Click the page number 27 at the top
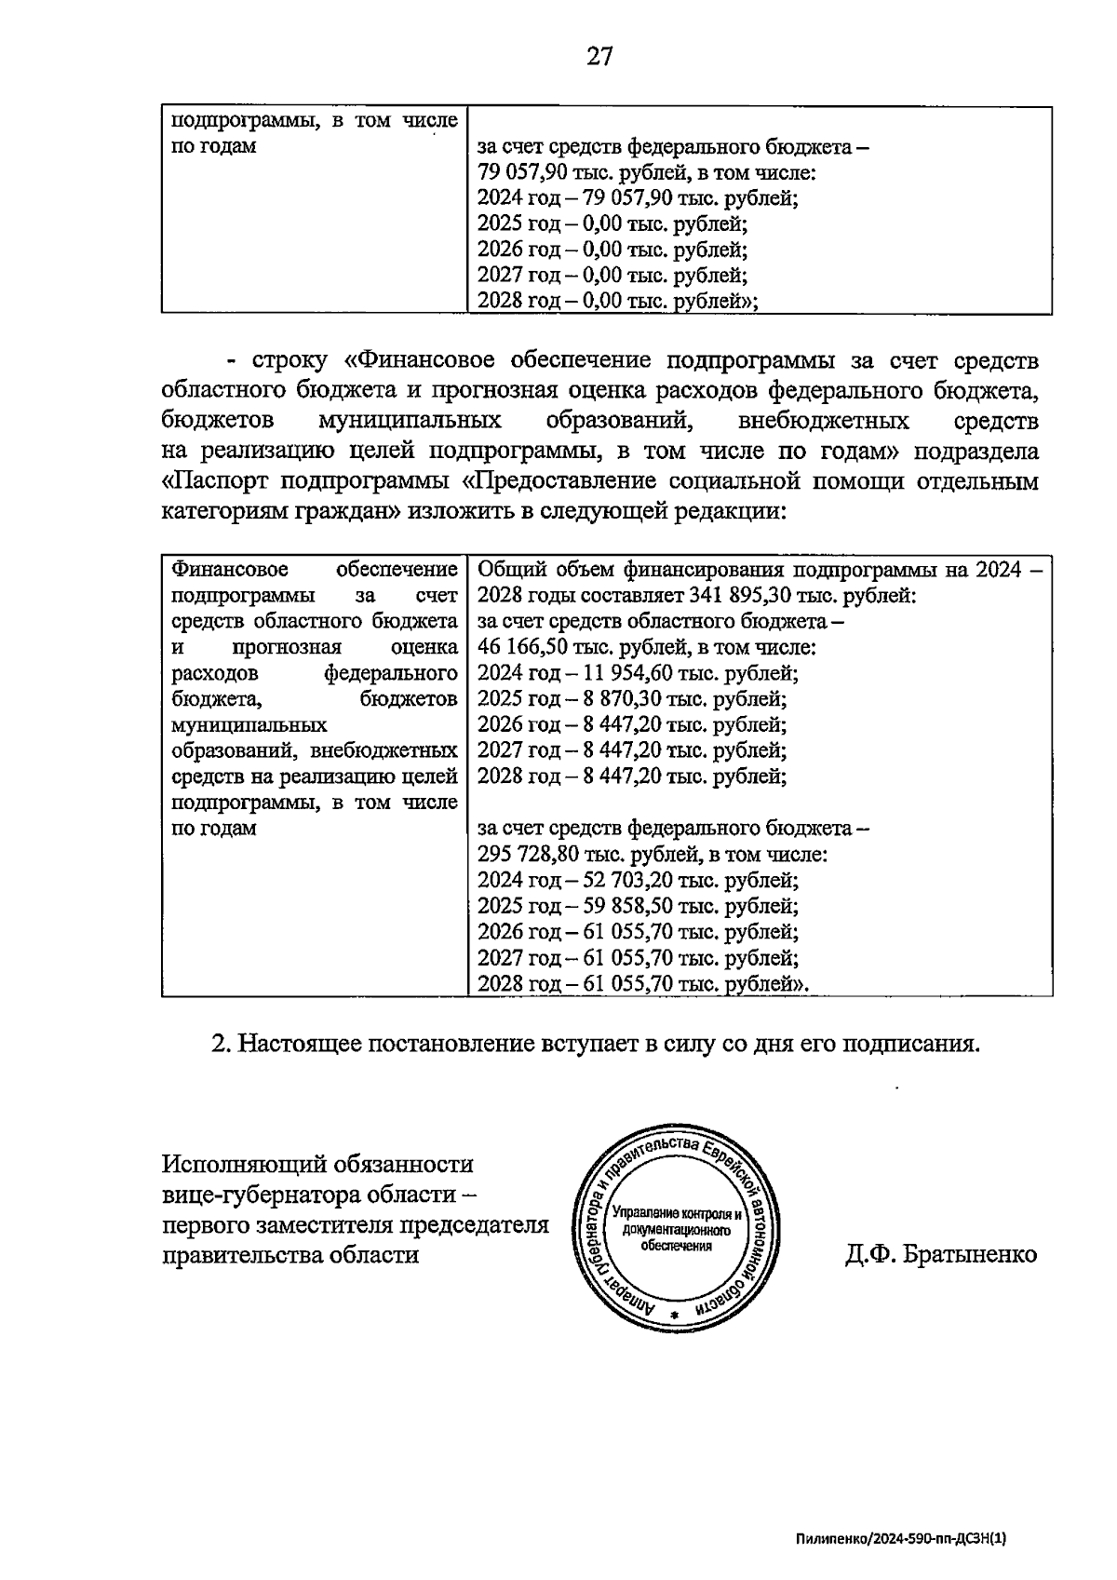[599, 58]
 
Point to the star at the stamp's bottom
[678, 1313]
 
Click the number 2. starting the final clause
[222, 1044]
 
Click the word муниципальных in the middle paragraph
[410, 421]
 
